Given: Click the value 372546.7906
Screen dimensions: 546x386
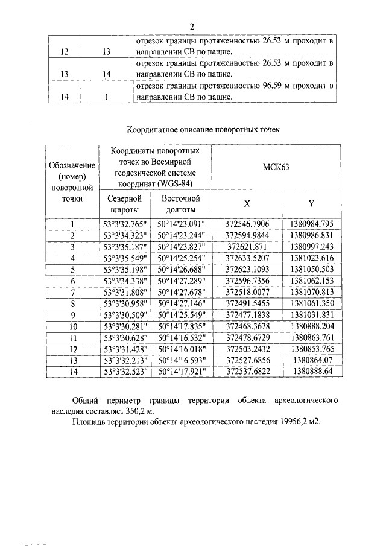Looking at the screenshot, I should [x=247, y=224].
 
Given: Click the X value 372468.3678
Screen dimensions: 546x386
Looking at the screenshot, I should [x=247, y=326].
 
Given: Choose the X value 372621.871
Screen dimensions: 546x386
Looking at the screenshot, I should [x=247, y=247].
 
